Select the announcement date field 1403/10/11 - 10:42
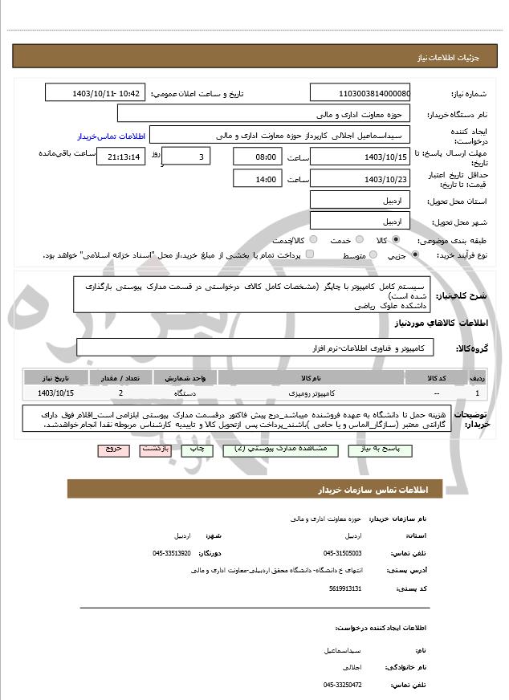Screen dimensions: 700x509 tap(96, 93)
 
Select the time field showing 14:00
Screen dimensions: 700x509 tap(257, 178)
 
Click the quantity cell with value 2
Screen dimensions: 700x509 tap(120, 393)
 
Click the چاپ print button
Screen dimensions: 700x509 tap(197, 450)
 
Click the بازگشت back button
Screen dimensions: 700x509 tap(155, 450)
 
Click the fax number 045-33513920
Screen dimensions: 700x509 tap(172, 553)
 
